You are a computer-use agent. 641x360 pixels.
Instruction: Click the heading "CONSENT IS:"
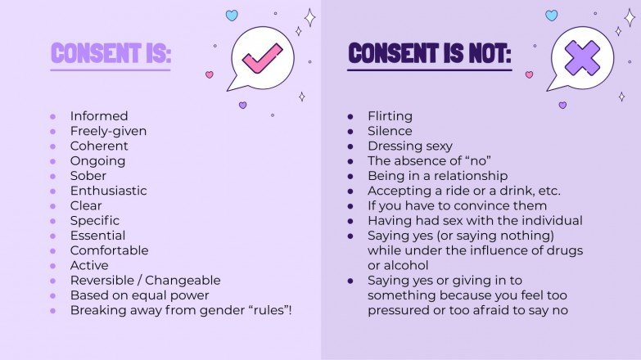point(111,53)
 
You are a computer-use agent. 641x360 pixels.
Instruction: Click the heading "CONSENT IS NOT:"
point(429,53)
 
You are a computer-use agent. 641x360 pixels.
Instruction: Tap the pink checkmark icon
point(263,57)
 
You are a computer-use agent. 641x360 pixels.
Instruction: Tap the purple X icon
point(582,57)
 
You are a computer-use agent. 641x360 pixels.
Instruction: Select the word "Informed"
point(99,116)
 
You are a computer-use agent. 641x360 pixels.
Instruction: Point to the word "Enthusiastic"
point(108,191)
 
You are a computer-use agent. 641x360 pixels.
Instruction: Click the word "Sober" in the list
point(88,176)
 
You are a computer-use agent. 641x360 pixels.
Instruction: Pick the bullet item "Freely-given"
point(108,131)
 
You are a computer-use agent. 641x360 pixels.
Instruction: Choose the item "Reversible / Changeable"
point(145,281)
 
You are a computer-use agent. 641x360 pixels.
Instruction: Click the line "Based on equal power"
point(139,295)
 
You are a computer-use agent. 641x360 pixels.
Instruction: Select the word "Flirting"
point(390,116)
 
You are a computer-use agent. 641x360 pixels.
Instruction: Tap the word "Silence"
point(390,131)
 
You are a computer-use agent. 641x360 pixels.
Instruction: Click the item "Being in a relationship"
point(437,176)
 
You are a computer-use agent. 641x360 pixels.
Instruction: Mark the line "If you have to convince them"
point(457,206)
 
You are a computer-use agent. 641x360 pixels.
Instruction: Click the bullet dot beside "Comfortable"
point(53,251)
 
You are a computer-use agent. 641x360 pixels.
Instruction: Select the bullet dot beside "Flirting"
point(350,116)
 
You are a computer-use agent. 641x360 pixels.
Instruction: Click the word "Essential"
point(97,236)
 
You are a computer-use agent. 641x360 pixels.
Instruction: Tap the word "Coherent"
point(99,146)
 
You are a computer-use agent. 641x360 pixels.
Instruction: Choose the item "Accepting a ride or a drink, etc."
point(464,191)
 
